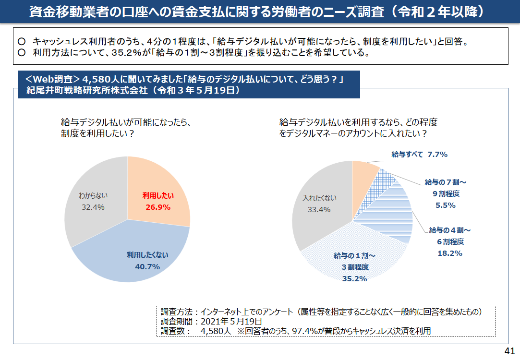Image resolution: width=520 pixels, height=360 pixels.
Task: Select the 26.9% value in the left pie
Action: click(158, 207)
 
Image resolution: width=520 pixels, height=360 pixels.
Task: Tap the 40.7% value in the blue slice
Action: click(147, 266)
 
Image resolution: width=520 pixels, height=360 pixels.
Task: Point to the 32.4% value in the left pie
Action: click(93, 207)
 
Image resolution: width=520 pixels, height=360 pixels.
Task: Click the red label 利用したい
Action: click(158, 196)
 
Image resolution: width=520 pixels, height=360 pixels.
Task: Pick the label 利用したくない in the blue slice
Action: click(147, 255)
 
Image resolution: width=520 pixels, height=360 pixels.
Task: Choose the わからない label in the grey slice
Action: click(93, 196)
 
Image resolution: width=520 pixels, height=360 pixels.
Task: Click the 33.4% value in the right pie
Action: click(319, 209)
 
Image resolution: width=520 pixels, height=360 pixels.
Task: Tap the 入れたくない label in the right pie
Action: click(319, 198)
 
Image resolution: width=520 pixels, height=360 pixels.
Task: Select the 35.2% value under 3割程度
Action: click(354, 278)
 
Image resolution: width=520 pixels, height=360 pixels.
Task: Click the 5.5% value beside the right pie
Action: click(446, 205)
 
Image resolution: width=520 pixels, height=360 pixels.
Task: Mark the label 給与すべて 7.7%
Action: click(419, 155)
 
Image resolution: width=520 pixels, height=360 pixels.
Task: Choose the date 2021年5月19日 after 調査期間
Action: click(231, 321)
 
